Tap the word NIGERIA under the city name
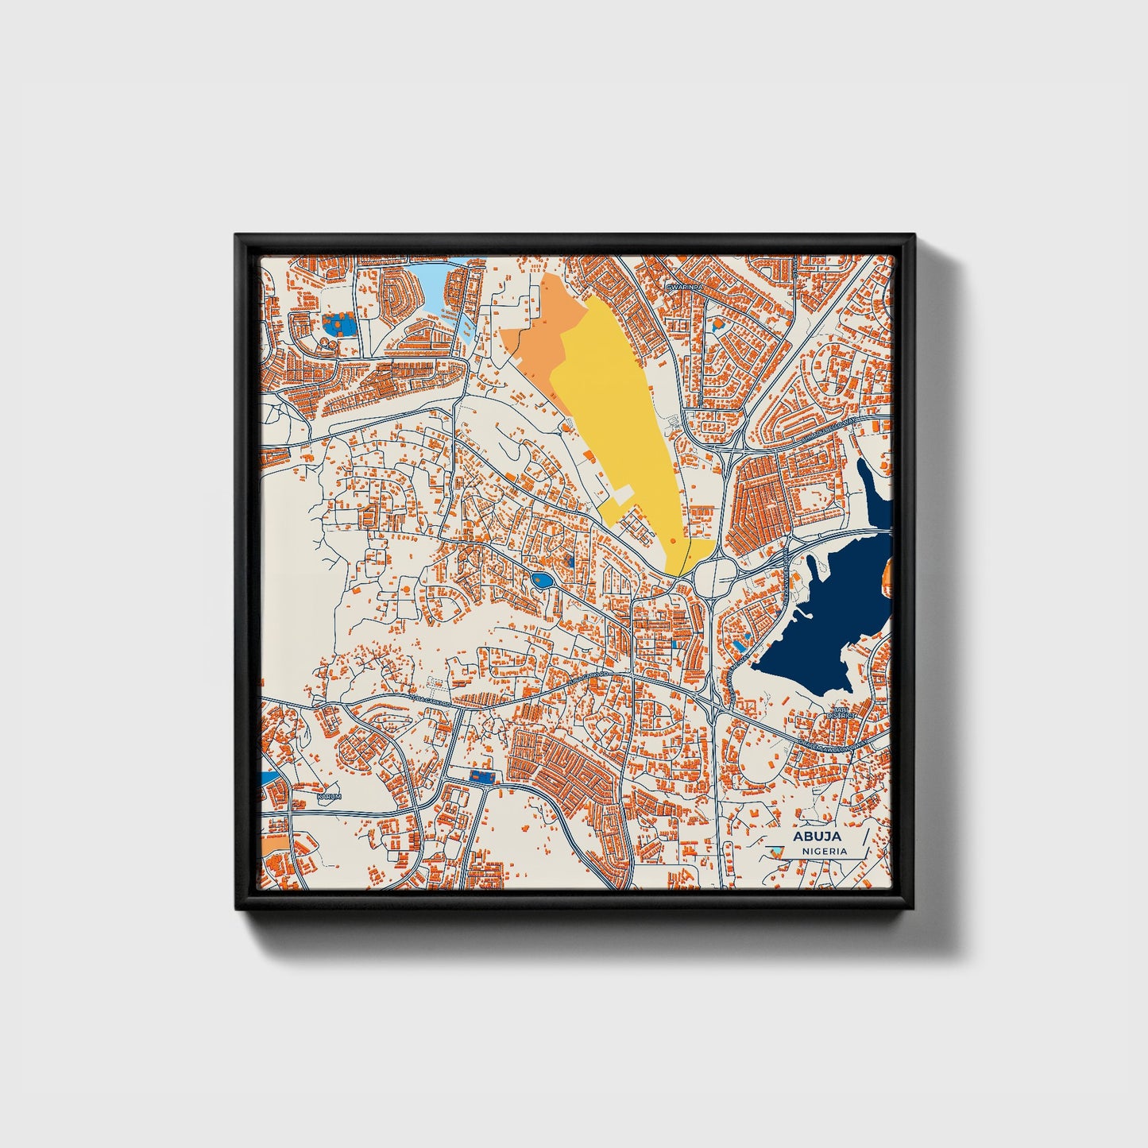pos(824,851)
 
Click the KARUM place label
pos(328,795)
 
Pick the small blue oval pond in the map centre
pos(543,582)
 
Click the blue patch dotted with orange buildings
pos(339,324)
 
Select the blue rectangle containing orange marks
pos(480,775)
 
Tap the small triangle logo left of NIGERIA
pos(778,851)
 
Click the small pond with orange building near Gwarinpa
pos(718,324)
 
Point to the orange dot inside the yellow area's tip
pos(673,540)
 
